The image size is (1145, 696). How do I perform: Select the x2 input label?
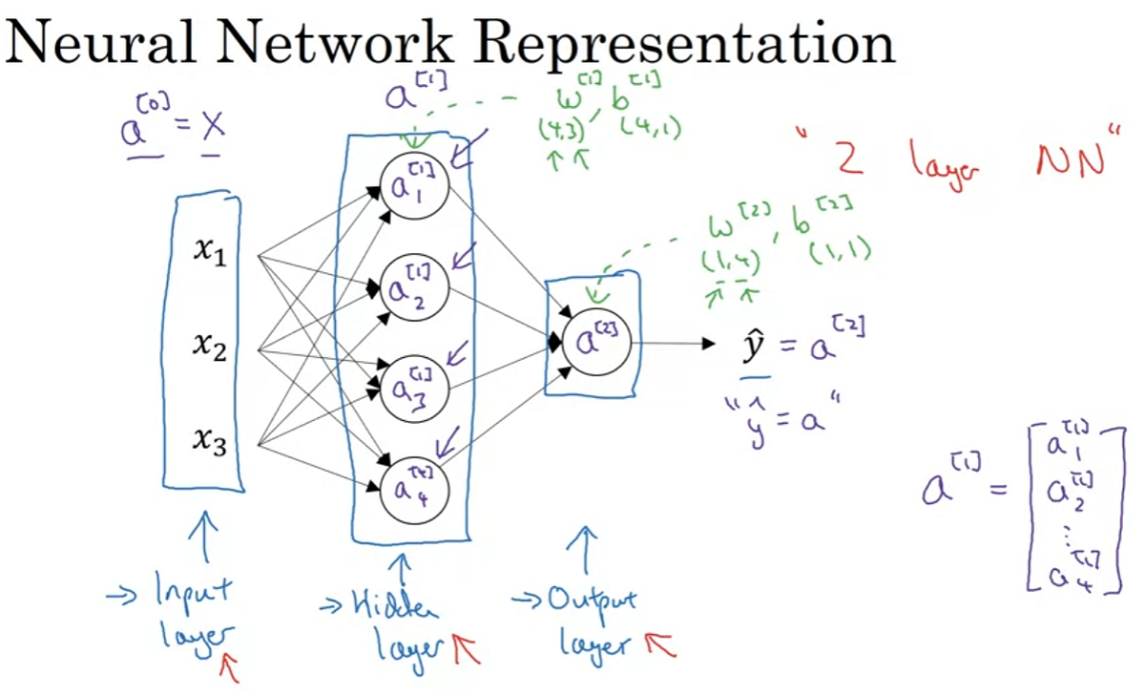click(209, 348)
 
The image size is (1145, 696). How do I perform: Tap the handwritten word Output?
click(592, 601)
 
